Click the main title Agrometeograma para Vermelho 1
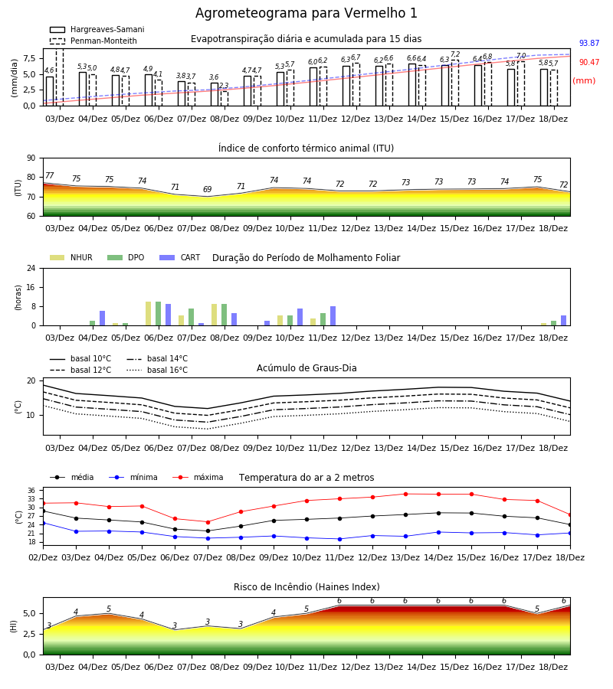point(306,13)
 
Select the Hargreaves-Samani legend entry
point(97,29)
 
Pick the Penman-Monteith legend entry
point(93,41)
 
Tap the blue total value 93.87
point(588,43)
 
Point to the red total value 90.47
point(588,63)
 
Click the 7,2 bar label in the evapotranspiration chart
point(455,54)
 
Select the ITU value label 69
point(207,189)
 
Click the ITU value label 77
point(49,176)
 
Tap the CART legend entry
point(179,257)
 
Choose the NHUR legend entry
point(71,257)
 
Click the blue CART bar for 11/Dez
point(333,316)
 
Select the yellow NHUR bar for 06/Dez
point(148,314)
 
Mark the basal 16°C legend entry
point(157,370)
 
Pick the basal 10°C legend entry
point(80,358)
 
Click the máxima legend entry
point(198,477)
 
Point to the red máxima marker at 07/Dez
point(208,522)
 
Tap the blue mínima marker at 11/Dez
point(339,539)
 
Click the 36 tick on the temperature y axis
point(31,491)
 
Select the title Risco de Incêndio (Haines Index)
point(306,587)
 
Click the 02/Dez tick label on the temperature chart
point(43,557)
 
